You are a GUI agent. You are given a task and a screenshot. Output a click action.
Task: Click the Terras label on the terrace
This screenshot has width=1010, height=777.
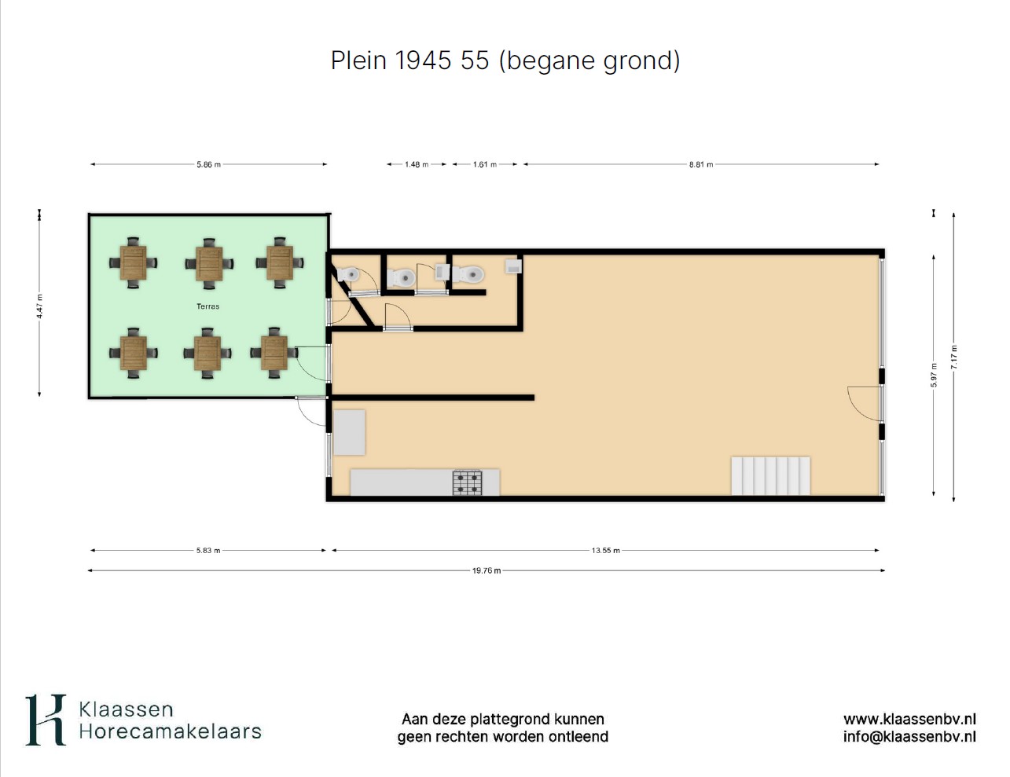[208, 306]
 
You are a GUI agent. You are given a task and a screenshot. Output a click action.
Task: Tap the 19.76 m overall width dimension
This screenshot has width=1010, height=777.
[487, 571]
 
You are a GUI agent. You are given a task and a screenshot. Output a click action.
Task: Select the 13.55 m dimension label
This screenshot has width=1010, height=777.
[606, 551]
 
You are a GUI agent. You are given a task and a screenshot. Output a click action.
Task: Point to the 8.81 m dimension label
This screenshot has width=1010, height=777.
[701, 164]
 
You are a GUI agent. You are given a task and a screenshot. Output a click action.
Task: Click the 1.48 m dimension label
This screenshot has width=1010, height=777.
[417, 164]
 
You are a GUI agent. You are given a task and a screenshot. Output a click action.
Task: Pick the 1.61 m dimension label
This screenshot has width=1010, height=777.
[485, 164]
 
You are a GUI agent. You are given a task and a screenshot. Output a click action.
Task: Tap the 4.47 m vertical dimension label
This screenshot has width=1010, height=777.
[39, 306]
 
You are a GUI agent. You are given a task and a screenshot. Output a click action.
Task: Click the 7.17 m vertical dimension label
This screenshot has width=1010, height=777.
[953, 357]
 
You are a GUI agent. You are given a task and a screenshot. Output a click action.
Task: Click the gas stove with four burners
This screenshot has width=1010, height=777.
[468, 483]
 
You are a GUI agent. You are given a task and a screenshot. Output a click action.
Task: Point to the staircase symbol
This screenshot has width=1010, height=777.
[770, 476]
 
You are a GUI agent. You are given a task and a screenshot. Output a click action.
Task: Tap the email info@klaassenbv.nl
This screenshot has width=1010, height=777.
[909, 737]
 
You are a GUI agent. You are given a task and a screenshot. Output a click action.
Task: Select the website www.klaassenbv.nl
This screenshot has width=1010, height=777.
[909, 720]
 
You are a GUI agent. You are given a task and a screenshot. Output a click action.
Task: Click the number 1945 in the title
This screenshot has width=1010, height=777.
[423, 60]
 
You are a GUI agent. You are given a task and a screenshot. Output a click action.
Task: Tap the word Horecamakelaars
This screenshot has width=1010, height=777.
[170, 732]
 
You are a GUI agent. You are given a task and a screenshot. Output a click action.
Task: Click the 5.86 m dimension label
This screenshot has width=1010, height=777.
[209, 164]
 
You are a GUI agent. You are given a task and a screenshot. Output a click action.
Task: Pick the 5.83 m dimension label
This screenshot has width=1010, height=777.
[208, 551]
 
